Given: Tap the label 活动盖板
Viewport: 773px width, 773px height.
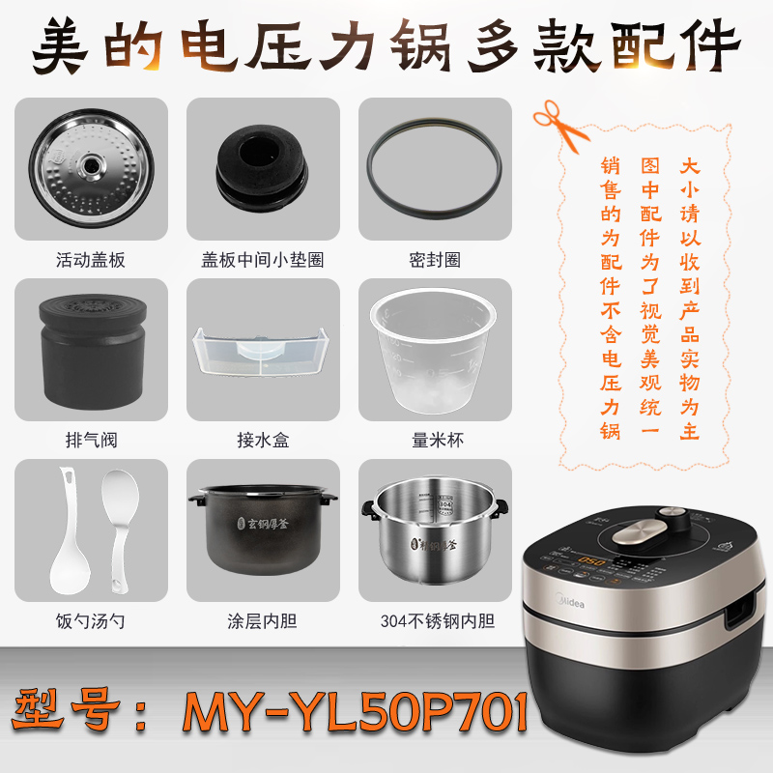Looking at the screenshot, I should click(91, 260).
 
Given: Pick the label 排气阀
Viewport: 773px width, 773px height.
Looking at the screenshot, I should click(91, 441).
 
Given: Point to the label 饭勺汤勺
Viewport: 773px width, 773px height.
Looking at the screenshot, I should click(91, 621).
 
